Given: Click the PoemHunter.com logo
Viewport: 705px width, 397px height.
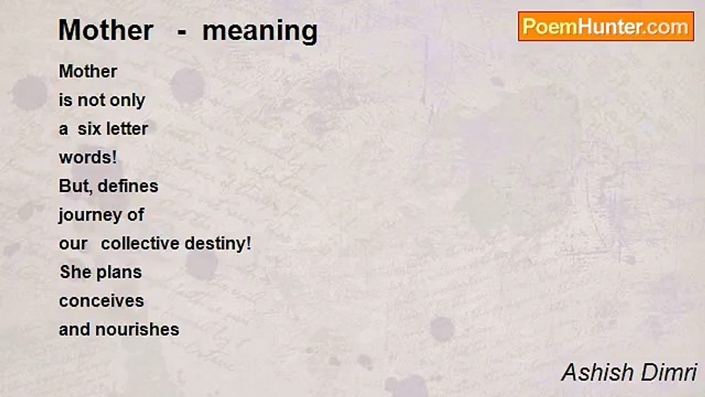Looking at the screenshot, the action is (606, 26).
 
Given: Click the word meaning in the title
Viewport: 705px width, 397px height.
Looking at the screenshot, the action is (260, 31).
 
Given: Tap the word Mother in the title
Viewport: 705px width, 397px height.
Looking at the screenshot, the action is (106, 30).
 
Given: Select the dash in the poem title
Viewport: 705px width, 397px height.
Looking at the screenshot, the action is (182, 33).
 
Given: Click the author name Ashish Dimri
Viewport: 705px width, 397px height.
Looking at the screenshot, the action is (629, 372).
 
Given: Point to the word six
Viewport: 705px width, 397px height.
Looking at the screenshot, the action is (89, 129).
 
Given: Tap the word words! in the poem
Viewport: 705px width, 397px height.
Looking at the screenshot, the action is (88, 157).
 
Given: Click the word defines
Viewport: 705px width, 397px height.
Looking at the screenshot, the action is (128, 186).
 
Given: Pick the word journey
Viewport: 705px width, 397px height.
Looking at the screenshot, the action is (90, 216).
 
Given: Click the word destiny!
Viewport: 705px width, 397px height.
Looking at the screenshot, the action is (218, 244).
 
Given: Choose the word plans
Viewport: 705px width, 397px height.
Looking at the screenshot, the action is (119, 273).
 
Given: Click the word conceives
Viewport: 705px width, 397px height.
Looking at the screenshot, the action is (101, 301).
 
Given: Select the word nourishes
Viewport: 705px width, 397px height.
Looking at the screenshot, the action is (137, 330).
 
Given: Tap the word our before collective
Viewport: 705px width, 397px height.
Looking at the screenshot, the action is (73, 244).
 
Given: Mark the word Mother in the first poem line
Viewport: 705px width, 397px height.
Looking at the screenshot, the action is (88, 71).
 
